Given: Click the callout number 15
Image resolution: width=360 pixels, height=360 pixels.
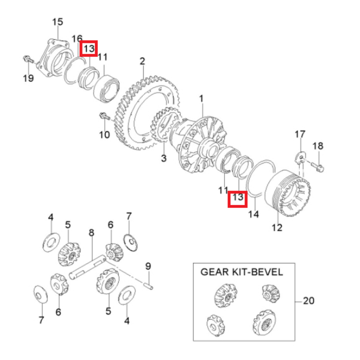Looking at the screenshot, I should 57,22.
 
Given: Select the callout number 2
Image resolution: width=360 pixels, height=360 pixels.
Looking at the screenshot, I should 142,61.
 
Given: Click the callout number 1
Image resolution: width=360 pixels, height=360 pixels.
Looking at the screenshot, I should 201,98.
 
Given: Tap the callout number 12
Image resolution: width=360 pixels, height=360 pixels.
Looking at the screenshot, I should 277,228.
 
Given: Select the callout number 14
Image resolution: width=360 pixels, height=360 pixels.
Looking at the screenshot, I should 254,214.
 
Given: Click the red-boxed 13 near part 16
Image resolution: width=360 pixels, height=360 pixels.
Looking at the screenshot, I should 89,48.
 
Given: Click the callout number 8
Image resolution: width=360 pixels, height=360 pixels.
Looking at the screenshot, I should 91,233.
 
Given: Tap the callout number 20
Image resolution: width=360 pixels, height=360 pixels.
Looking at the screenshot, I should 308,300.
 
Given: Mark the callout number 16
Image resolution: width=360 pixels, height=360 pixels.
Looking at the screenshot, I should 77,39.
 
